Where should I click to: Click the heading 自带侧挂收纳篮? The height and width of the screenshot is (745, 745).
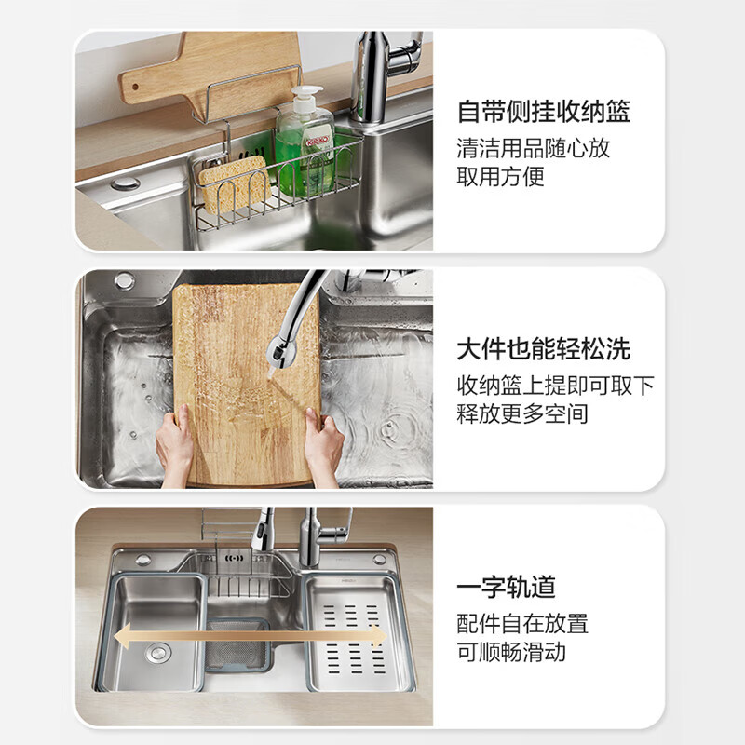coord(543,113)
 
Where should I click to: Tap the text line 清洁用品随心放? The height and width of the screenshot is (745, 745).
coord(533,147)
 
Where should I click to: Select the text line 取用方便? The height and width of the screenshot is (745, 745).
coord(500,176)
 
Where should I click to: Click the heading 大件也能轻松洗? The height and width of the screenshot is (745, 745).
coord(543,349)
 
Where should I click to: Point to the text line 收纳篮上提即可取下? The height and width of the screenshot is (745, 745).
coord(555,385)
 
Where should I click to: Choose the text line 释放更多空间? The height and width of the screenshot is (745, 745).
coord(521,413)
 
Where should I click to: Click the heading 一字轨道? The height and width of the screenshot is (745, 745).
coord(506,587)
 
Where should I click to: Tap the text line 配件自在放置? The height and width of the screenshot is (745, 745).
coord(521,623)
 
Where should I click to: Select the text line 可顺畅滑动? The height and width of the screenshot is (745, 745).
coord(510,651)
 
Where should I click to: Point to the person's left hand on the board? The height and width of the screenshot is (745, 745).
coord(174,446)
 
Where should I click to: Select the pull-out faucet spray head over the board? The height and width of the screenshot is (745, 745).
coord(279,346)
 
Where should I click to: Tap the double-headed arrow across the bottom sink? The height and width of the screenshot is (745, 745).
coord(250,636)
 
